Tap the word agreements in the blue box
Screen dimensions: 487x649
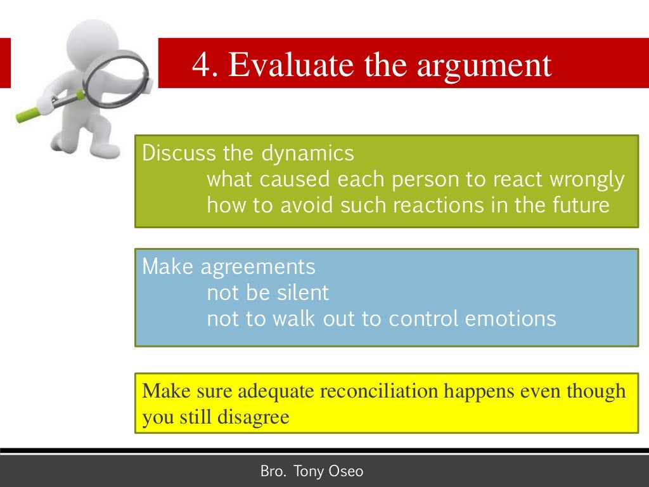click(x=258, y=268)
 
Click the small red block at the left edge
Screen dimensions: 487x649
click(x=5, y=63)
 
